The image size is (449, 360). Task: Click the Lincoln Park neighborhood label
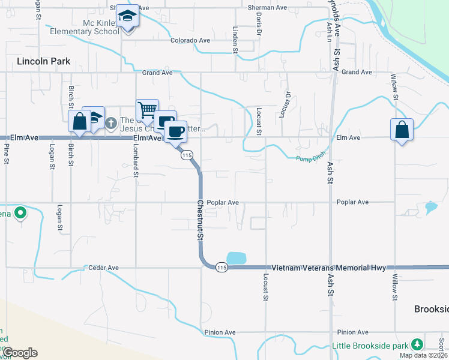click(x=44, y=61)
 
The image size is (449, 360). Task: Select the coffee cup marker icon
click(x=175, y=131)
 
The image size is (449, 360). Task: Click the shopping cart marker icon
click(x=147, y=110)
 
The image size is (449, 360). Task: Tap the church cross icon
click(x=111, y=123)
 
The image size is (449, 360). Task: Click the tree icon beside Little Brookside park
click(x=415, y=346)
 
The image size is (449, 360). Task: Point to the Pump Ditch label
click(x=310, y=157)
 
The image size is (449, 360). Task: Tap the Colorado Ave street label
click(x=190, y=40)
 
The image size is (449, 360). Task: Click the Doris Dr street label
click(x=259, y=23)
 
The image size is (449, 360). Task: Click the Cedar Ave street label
click(x=104, y=268)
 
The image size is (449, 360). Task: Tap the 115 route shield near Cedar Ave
click(x=221, y=267)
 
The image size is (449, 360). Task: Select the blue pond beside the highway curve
click(x=237, y=258)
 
